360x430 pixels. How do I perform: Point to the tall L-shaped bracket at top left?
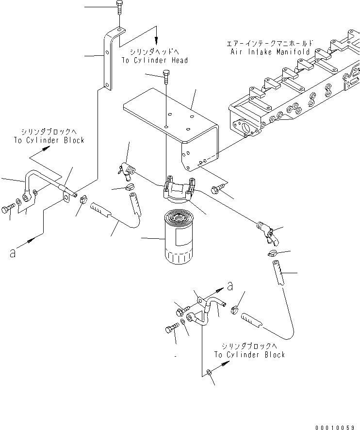pos(109,61)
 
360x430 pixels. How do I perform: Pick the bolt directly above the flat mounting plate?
pos(166,76)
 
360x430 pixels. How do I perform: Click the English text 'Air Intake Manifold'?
pos(270,50)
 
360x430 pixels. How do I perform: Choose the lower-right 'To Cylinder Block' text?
pos(249,355)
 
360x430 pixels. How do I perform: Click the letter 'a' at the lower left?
pos(13,253)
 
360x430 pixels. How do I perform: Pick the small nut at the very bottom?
pos(208,372)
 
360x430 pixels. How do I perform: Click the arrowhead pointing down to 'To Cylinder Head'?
pos(156,41)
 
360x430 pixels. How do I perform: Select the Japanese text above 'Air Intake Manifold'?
pos(270,42)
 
